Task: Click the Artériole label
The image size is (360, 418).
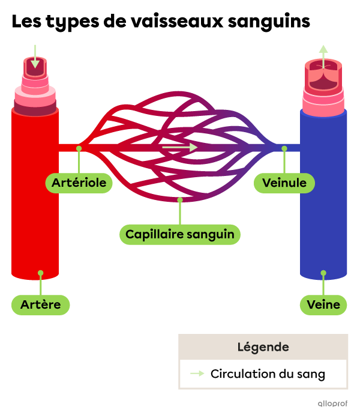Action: [x=79, y=183]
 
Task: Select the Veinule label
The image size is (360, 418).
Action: [x=284, y=183]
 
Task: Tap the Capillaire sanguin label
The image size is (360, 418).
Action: [x=179, y=234]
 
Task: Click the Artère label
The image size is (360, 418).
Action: [x=40, y=305]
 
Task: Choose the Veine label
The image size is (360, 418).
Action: [x=323, y=305]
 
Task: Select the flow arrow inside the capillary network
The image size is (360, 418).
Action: [x=179, y=147]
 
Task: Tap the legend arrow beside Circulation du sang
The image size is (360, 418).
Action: [x=197, y=374]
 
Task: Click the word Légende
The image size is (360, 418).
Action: [x=263, y=347]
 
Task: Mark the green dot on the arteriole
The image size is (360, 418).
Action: [x=79, y=148]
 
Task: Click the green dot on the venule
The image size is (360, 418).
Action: [x=284, y=148]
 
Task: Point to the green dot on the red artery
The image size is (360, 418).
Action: [x=40, y=273]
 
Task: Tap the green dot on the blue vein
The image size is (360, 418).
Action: [x=323, y=273]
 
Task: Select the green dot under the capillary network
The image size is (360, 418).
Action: [x=179, y=199]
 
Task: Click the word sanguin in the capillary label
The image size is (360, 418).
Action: [x=211, y=234]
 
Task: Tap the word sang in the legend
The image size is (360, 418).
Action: [x=312, y=374]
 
